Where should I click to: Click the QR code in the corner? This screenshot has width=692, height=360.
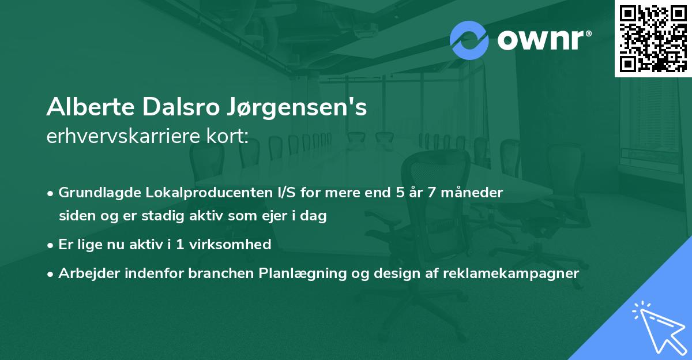(653, 38)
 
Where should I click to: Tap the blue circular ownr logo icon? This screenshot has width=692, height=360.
(469, 40)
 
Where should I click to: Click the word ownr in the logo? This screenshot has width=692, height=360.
(540, 40)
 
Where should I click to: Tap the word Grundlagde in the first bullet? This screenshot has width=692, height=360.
(95, 193)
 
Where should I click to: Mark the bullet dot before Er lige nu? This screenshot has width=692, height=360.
(51, 245)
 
